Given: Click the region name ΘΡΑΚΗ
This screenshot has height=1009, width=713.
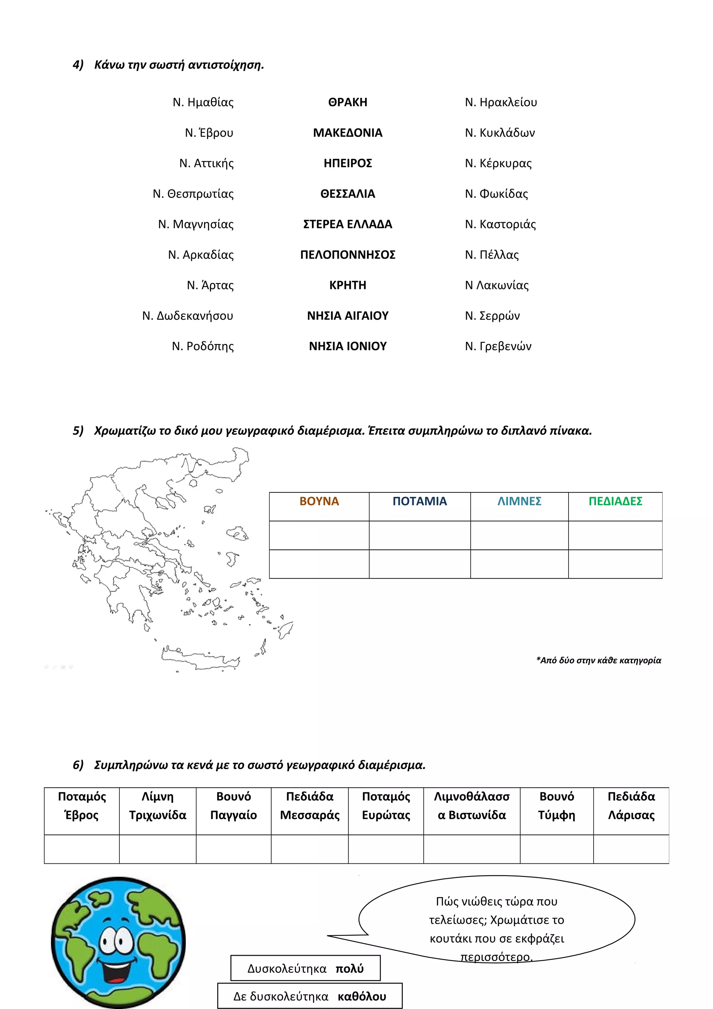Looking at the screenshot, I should point(347,102).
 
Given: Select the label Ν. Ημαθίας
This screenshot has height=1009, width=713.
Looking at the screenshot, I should point(203,102).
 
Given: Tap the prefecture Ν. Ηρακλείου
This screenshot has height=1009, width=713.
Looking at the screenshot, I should point(501,102).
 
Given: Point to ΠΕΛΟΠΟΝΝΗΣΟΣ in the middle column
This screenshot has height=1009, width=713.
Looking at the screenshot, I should point(347,255).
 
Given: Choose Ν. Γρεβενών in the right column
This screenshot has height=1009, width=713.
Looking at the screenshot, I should point(498,346).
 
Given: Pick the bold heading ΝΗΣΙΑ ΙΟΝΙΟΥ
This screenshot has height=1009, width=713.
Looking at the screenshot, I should point(347,346).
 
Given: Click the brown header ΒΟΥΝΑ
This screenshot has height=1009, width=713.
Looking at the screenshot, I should point(319,501).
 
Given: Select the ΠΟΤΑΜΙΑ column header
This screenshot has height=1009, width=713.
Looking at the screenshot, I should point(420,501).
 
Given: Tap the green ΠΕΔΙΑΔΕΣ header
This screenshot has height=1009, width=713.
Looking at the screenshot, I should point(615,501).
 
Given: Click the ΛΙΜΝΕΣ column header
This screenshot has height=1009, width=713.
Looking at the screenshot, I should point(519,501).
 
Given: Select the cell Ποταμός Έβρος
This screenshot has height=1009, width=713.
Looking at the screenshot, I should point(82,806).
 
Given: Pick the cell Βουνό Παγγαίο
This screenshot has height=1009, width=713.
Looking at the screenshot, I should point(233,806).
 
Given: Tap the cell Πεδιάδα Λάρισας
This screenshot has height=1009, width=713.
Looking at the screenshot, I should point(631,806).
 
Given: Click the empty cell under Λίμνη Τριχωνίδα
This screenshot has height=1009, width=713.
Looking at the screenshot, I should point(157,849).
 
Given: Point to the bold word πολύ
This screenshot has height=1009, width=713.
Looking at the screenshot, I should point(350,969).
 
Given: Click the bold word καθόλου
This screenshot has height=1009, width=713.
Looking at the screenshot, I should point(362,997).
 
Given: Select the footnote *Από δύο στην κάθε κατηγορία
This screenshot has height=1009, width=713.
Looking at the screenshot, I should point(598,660).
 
